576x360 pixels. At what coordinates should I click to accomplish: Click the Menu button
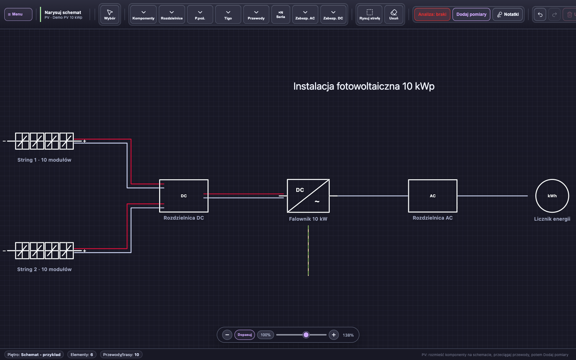(x=18, y=14)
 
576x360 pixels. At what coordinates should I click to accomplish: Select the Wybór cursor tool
(x=110, y=15)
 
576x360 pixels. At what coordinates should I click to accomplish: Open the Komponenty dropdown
(x=144, y=15)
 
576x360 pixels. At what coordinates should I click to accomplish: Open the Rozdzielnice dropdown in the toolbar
(x=172, y=15)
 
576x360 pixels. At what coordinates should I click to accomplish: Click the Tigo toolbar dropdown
(x=228, y=15)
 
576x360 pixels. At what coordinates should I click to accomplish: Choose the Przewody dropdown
(x=256, y=15)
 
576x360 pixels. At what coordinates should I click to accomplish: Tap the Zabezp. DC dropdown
(x=333, y=15)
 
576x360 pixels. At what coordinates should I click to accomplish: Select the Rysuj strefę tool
(x=369, y=15)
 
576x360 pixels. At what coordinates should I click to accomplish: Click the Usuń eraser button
(x=394, y=15)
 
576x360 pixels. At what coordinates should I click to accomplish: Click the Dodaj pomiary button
(x=471, y=14)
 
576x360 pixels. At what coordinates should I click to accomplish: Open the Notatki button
(x=508, y=14)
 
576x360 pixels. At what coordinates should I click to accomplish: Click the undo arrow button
(x=540, y=14)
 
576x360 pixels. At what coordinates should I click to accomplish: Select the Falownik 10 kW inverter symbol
(x=308, y=196)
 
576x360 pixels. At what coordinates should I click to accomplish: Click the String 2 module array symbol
(x=44, y=251)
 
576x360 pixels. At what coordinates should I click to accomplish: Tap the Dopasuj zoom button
(x=244, y=335)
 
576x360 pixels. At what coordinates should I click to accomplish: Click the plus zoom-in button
(x=334, y=335)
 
